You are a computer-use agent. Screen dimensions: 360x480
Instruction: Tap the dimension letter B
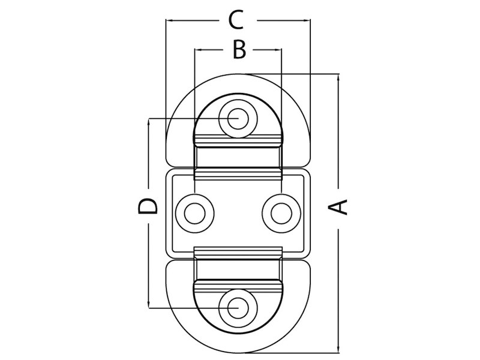(239, 50)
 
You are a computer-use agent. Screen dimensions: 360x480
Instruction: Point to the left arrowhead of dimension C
(170, 21)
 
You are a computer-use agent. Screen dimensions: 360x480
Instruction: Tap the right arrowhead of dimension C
(307, 21)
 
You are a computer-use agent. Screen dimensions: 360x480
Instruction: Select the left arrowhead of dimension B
(199, 50)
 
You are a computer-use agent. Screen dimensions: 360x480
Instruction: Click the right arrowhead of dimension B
(278, 50)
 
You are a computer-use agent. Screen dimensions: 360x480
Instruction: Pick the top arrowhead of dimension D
(148, 122)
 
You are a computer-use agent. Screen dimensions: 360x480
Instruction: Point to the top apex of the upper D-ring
(238, 74)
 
